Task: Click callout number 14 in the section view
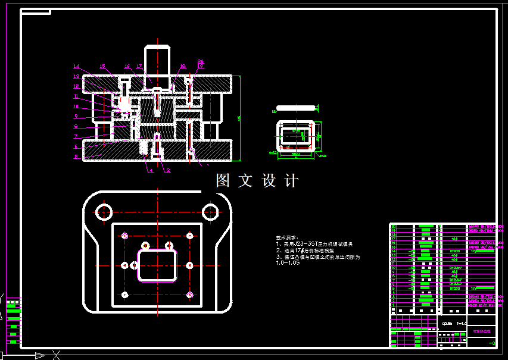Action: (76, 66)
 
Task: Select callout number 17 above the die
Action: (139, 66)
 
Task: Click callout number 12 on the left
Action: (76, 86)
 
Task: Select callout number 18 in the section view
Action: (182, 66)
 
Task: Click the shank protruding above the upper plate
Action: (157, 60)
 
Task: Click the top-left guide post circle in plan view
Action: (105, 211)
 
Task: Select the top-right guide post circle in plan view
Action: (210, 211)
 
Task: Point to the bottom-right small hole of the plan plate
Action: (189, 295)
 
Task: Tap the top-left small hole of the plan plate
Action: (124, 236)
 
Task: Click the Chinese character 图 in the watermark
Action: (223, 181)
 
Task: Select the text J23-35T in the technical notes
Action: (304, 244)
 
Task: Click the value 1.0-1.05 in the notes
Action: (289, 263)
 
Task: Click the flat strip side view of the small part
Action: (295, 108)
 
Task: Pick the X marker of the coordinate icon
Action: (55, 355)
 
